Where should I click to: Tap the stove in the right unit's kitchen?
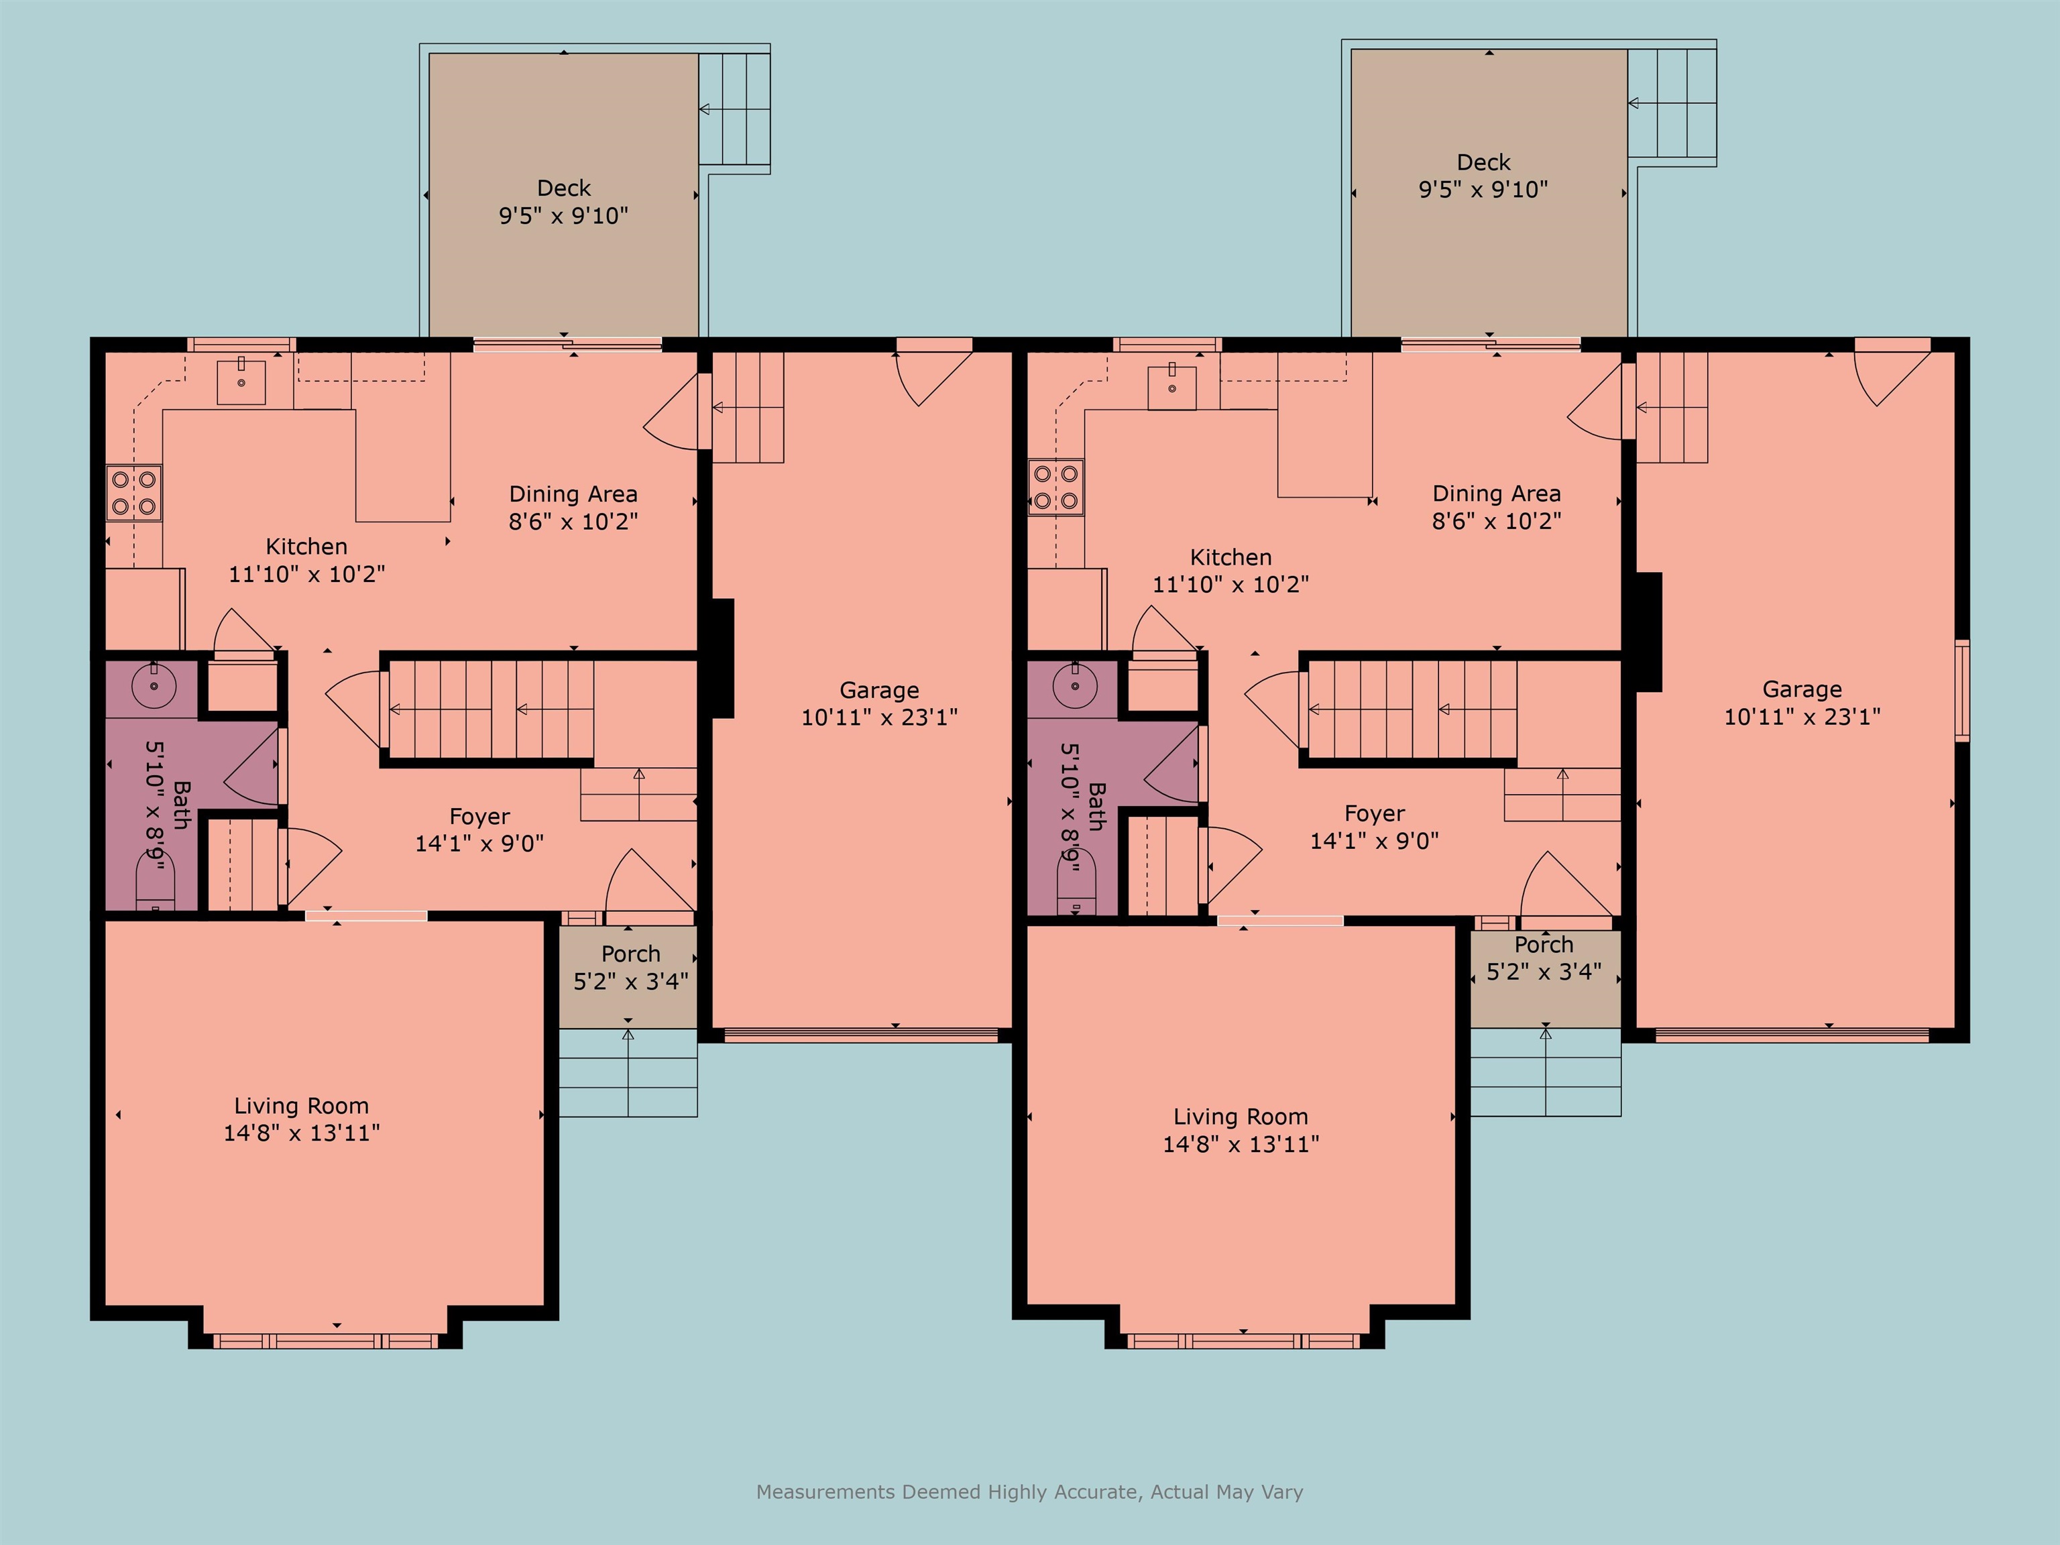pyautogui.click(x=1056, y=487)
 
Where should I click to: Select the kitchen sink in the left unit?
pyautogui.click(x=241, y=382)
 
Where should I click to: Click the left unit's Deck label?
pyautogui.click(x=563, y=188)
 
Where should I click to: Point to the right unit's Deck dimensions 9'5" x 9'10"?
pyautogui.click(x=1483, y=190)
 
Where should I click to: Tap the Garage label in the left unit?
pyautogui.click(x=879, y=690)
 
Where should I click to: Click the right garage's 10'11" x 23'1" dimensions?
pyautogui.click(x=1802, y=716)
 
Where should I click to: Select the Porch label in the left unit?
pyautogui.click(x=630, y=954)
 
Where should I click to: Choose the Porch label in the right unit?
pyautogui.click(x=1543, y=944)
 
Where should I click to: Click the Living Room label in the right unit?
pyautogui.click(x=1239, y=1117)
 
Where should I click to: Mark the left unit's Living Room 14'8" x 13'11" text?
pyautogui.click(x=301, y=1133)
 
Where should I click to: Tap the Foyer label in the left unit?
pyautogui.click(x=479, y=816)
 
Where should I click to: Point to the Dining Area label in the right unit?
pyautogui.click(x=1495, y=494)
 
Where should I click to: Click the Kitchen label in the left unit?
pyautogui.click(x=306, y=547)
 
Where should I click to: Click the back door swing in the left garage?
pyautogui.click(x=927, y=377)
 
